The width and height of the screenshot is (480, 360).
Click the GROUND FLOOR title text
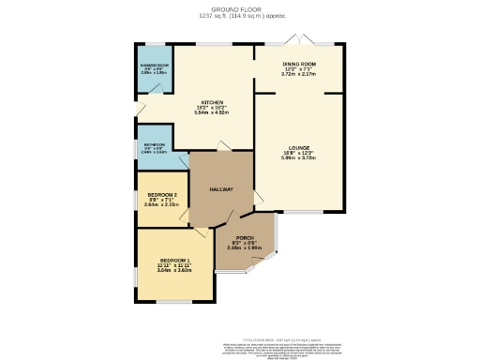[x=239, y=8]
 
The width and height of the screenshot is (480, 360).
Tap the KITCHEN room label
[x=211, y=102]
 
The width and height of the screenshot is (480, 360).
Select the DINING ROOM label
[x=301, y=64]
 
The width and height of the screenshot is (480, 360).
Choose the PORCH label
[x=245, y=238]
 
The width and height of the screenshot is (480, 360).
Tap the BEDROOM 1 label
[x=174, y=259]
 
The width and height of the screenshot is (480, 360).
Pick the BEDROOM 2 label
[x=162, y=195]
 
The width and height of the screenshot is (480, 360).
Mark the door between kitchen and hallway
[x=221, y=146]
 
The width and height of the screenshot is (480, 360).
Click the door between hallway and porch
[x=218, y=221]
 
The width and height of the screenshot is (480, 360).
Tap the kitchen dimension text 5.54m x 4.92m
[x=211, y=112]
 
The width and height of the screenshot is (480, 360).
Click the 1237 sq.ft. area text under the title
[x=239, y=15]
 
